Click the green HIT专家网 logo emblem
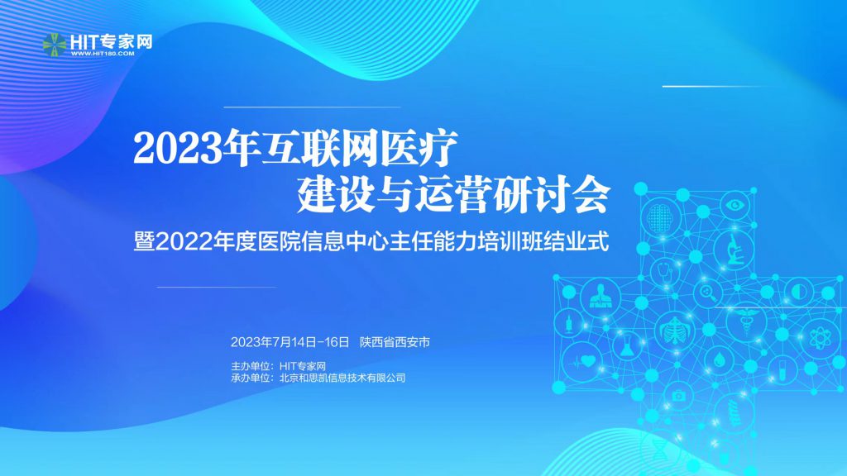point(55,45)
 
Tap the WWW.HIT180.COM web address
point(103,54)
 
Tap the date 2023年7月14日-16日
point(290,342)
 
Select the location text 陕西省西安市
point(395,342)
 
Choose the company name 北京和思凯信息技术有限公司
point(342,378)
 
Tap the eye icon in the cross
point(735,205)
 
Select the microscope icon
point(733,250)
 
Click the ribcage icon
point(675,331)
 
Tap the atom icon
point(820,339)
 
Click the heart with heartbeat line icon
point(583,361)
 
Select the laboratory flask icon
point(627,346)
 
